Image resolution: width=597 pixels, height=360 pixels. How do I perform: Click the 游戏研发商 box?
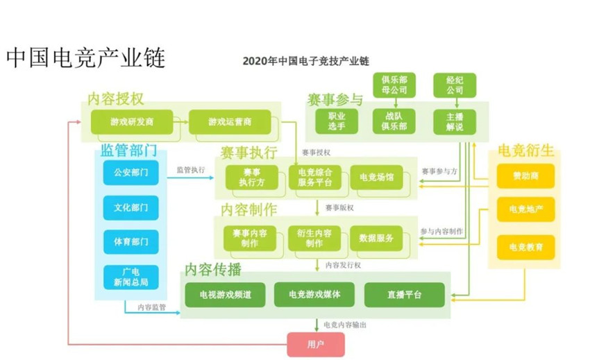coord(131,122)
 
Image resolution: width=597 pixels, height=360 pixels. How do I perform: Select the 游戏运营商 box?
coord(230,122)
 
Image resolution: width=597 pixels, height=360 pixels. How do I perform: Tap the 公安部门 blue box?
coord(131,172)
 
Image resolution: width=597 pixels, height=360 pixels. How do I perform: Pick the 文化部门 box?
coord(131,207)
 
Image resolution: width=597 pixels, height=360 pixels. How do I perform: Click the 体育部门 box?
coord(131,241)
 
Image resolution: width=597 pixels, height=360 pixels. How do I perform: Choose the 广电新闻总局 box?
coord(131,277)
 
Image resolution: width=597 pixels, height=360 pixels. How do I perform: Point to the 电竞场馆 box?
coord(376,178)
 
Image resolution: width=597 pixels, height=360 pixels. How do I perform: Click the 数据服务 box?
coord(376,239)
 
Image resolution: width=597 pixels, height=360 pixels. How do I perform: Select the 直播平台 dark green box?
coord(405,295)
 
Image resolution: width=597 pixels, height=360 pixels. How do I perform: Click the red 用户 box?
coord(315,343)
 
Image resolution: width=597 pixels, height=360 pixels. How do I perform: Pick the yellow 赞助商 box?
coord(525,176)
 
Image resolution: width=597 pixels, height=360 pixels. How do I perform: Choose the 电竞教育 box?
coord(525,247)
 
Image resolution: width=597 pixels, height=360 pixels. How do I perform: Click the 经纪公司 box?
coord(455,85)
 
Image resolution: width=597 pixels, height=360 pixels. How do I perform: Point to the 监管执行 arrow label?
coord(191,169)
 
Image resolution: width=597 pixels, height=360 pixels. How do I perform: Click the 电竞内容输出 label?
coord(345,325)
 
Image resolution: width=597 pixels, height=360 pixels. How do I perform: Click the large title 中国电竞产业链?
coord(85,58)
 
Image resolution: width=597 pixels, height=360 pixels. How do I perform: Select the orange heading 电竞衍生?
coord(525,151)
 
